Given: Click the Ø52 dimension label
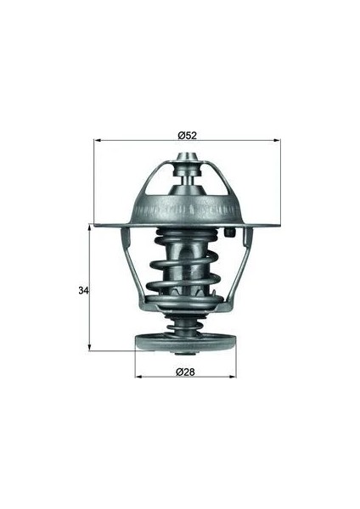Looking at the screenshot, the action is click(x=188, y=135).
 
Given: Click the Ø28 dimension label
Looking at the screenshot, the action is click(x=185, y=372).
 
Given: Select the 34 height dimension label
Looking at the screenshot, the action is click(x=83, y=290).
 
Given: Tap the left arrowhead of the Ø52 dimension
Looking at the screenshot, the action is click(x=98, y=141).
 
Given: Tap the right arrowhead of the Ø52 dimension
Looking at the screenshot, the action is click(x=276, y=141).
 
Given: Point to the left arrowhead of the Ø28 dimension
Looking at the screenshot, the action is click(x=139, y=377).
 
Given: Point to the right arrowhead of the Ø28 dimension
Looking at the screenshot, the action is click(x=232, y=377).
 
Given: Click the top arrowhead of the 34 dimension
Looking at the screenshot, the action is click(x=90, y=228).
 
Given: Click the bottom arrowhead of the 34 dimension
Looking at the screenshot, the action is click(x=90, y=346).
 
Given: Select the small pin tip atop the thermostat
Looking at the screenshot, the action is click(x=187, y=156).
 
